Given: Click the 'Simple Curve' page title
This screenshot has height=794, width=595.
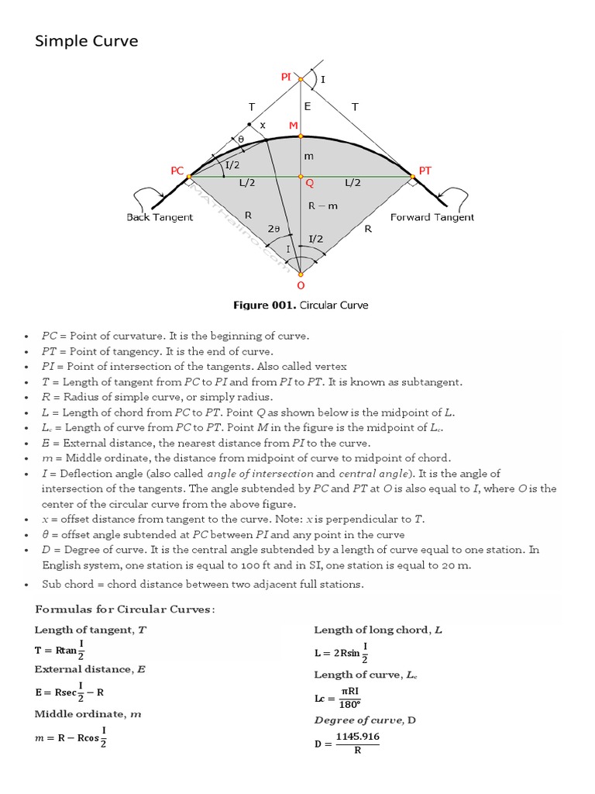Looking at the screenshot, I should point(87,41).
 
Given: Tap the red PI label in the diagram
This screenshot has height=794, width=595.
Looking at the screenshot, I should point(286,77).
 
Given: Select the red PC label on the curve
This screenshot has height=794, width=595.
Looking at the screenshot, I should point(177,169).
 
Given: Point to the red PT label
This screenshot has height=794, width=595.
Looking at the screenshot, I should point(425,169).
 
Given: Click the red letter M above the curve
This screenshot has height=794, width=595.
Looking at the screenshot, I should point(293,126).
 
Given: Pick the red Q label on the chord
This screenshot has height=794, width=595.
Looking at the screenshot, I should point(309,184).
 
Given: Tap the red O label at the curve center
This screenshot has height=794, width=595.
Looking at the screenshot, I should point(301,285).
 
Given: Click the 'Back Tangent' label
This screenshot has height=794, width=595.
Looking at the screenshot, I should point(160,217).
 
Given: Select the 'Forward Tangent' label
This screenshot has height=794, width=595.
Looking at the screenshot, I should point(432,217).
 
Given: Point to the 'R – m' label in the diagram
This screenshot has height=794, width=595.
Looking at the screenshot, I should point(322,206).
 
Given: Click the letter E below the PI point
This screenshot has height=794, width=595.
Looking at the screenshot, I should point(307,106).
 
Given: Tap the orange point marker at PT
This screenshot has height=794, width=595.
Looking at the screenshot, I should point(411,177).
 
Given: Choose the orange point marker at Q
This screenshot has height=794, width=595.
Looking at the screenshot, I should point(301,177).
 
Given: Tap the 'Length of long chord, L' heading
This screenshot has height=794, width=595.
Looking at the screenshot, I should point(377,630).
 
